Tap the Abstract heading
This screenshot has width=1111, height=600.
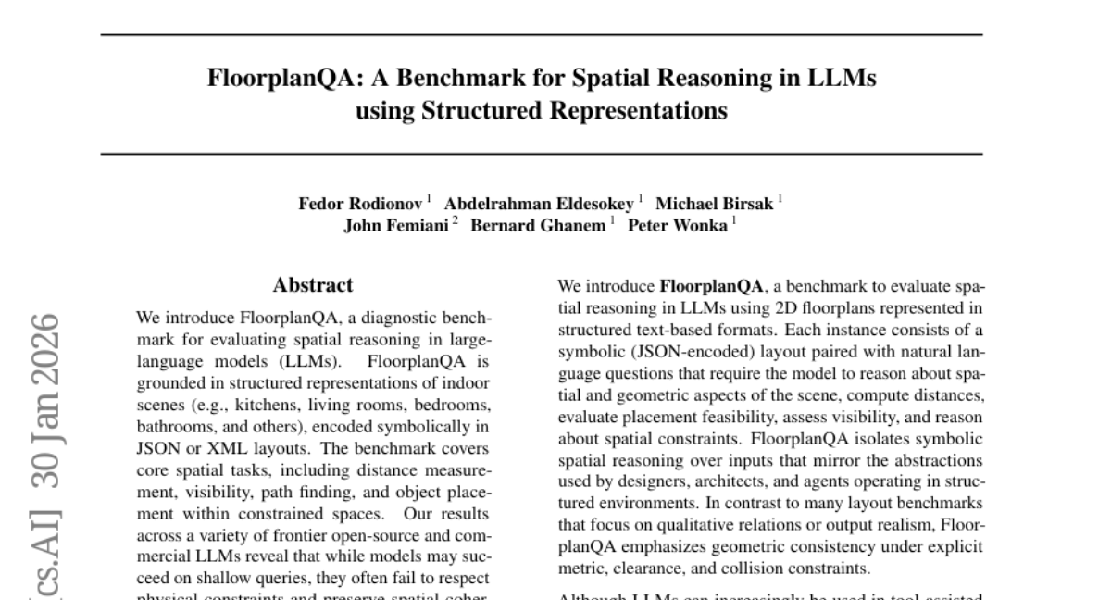(313, 285)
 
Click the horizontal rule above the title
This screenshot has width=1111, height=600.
(541, 34)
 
